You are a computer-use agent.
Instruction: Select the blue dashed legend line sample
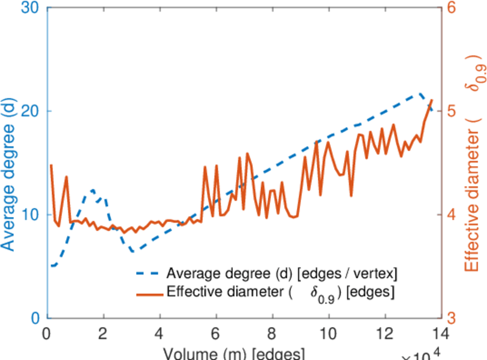(148, 274)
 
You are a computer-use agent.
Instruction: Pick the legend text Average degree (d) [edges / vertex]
(282, 274)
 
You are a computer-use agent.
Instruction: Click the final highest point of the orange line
(432, 100)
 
